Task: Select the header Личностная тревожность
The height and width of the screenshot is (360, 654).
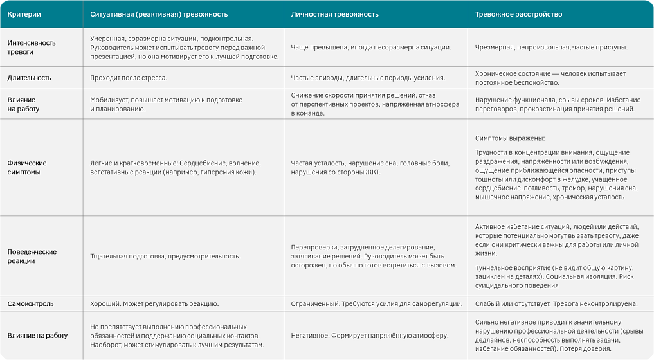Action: tap(334, 14)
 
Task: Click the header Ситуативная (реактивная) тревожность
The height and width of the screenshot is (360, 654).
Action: tap(159, 14)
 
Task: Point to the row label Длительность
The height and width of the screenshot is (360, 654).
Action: tap(29, 78)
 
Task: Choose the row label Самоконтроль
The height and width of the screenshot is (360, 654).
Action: tap(30, 303)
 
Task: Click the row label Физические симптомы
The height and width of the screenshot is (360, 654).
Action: tap(27, 167)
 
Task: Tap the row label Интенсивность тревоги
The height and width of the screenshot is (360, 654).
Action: tap(32, 47)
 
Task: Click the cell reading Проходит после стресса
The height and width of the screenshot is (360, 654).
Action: tap(128, 78)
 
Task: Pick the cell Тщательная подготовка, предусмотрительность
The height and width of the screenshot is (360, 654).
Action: tap(165, 256)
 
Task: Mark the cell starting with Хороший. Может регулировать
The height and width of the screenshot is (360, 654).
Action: tap(154, 303)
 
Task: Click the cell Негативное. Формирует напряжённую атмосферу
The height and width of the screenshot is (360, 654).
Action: tap(368, 335)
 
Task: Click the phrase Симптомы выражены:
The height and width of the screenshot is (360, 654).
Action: tap(509, 138)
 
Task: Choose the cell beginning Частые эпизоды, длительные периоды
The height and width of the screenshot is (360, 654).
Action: tap(368, 78)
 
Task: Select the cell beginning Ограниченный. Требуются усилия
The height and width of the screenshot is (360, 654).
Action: tap(376, 303)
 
